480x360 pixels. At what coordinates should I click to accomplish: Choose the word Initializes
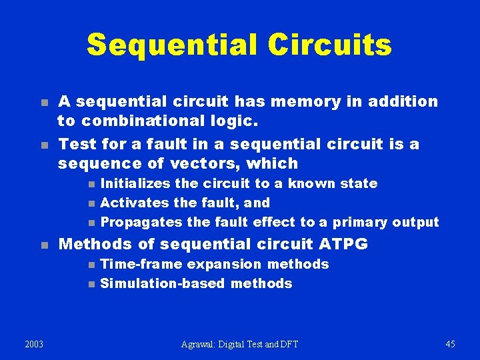(x=139, y=183)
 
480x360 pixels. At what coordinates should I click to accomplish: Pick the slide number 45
(x=451, y=344)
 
